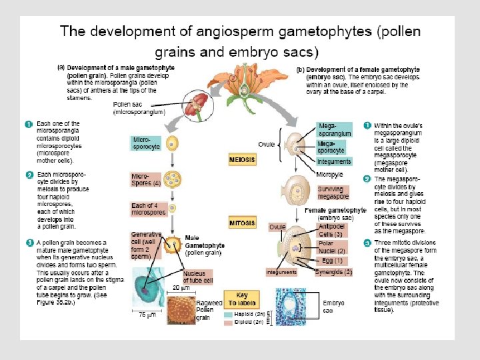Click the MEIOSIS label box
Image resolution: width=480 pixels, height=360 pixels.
click(x=242, y=161)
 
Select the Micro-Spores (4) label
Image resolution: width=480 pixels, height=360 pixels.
click(x=145, y=179)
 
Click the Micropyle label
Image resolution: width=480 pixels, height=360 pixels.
click(x=329, y=175)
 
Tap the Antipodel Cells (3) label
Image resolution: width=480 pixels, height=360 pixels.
click(x=331, y=230)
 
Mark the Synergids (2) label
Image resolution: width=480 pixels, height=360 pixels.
click(x=328, y=272)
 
